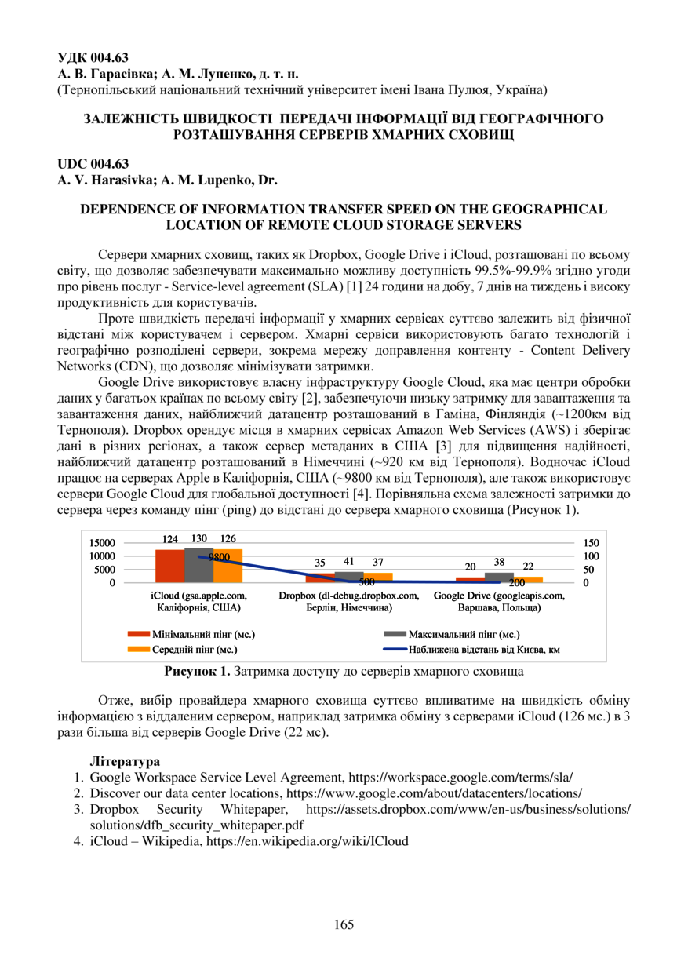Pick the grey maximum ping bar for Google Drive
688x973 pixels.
(499, 578)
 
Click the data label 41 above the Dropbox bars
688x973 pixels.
(348, 562)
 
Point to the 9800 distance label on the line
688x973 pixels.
(219, 556)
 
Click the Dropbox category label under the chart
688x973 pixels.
(348, 602)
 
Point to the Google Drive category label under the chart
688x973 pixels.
(499, 602)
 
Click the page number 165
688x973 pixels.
(344, 924)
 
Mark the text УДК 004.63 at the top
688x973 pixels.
(93, 57)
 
